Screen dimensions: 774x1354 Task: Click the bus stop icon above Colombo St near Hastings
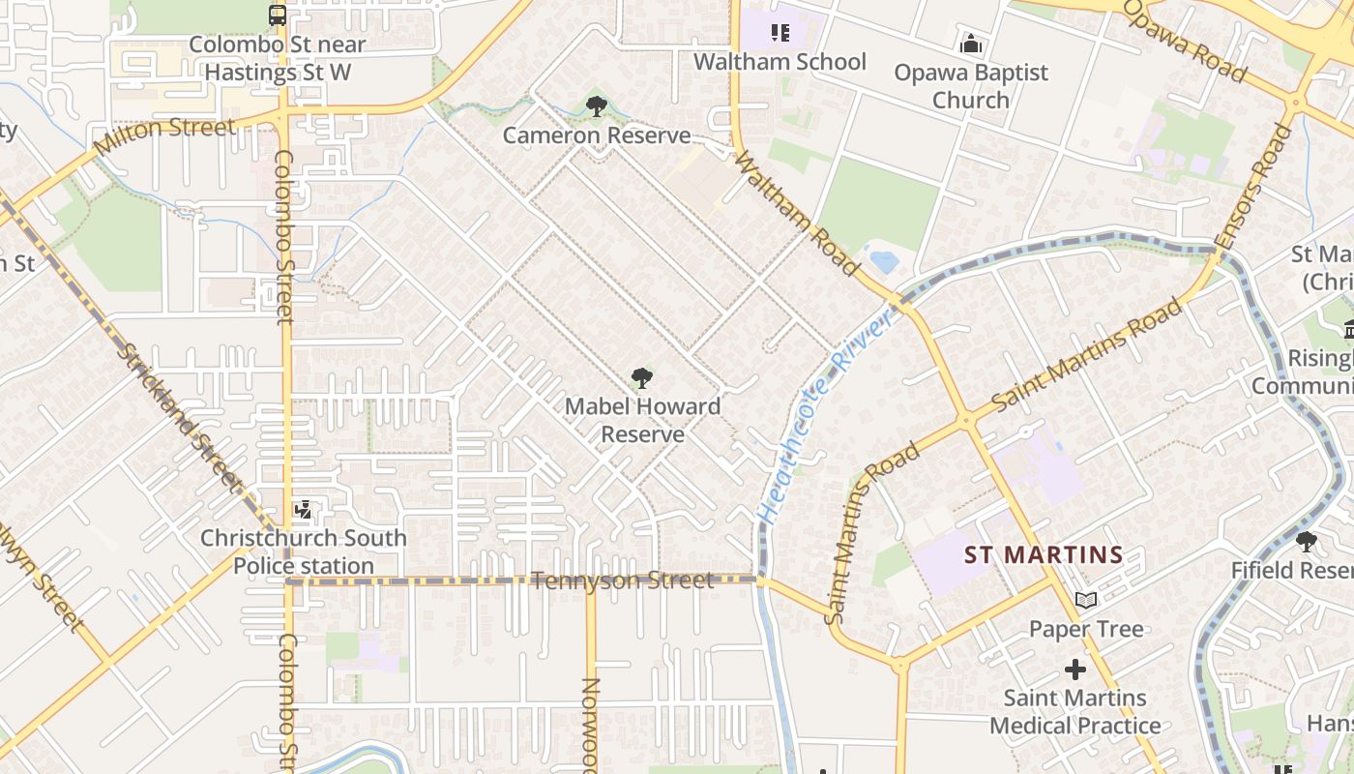(277, 15)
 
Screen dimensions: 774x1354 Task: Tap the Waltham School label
(780, 62)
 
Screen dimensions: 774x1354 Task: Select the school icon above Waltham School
(780, 34)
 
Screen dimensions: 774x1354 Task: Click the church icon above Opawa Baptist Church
(970, 45)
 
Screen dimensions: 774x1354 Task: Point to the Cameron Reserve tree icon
(596, 105)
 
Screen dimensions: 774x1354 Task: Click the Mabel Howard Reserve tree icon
(641, 378)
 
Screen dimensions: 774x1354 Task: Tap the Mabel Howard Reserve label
(642, 420)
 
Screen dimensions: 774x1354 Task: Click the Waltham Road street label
(797, 213)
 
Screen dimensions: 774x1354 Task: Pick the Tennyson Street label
(623, 580)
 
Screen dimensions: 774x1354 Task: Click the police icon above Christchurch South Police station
(303, 509)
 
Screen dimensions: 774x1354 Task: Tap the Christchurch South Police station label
(303, 551)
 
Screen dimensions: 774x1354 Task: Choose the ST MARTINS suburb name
(1044, 555)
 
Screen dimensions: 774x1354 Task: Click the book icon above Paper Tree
(1086, 601)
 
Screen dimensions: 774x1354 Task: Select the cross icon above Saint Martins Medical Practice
(1074, 670)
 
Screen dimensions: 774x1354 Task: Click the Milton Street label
(164, 137)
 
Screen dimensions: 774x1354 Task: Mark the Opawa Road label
(1184, 41)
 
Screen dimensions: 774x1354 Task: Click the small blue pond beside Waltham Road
(884, 260)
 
